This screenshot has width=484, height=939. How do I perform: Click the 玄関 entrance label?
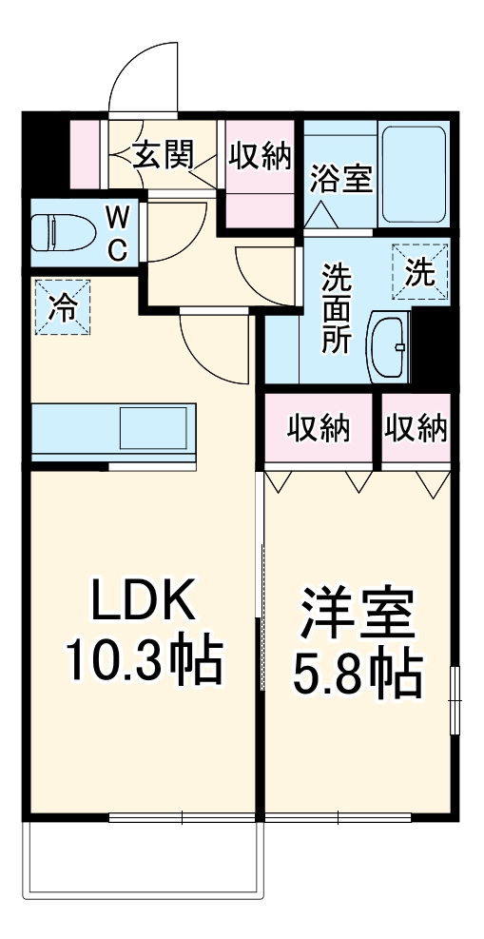click(x=164, y=154)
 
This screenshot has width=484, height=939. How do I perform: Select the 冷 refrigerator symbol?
click(x=63, y=307)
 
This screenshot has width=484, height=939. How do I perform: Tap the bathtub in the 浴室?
click(x=412, y=176)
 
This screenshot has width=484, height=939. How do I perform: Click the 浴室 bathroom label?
click(x=340, y=178)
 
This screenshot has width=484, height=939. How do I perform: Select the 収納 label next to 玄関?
click(x=259, y=155)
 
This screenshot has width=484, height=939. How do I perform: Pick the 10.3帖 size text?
click(x=144, y=659)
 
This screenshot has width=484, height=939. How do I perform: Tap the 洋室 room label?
click(x=358, y=616)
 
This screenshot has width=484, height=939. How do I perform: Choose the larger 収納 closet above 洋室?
click(x=320, y=430)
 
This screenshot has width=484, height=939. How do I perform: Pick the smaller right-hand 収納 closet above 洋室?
click(x=416, y=430)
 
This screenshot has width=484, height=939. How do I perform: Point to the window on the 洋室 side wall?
click(x=455, y=699)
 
